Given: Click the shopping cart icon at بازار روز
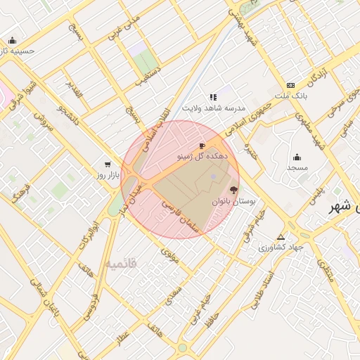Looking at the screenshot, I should (108, 163).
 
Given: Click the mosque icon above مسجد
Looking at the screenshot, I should (297, 157).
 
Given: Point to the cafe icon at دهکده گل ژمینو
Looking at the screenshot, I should (202, 146).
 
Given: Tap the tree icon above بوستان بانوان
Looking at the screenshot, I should (233, 190).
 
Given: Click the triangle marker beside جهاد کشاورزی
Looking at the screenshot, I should (281, 237).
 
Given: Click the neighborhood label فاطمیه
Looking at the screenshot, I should (121, 264).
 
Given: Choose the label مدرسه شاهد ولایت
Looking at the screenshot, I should (214, 108).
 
